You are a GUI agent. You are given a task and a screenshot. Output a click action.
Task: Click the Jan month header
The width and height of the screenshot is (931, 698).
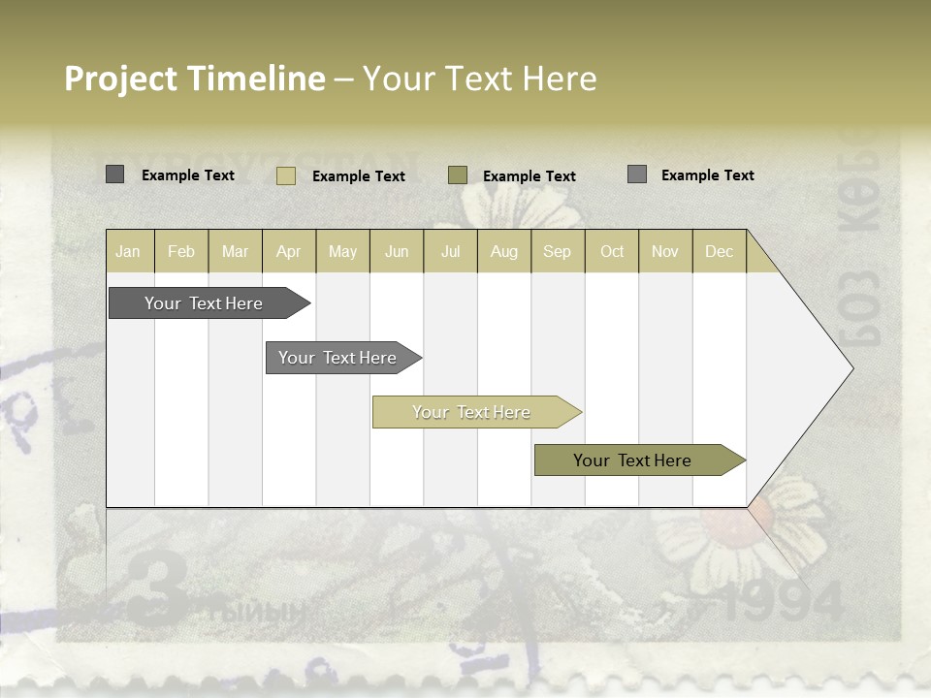tap(128, 251)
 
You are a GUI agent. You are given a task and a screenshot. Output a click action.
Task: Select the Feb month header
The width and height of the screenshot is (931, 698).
tap(181, 251)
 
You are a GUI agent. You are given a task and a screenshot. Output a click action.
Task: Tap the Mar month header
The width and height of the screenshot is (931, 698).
tap(235, 251)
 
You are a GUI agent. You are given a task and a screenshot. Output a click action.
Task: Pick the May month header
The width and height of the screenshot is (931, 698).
tap(342, 251)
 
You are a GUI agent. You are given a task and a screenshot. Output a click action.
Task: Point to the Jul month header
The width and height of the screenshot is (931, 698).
tap(450, 251)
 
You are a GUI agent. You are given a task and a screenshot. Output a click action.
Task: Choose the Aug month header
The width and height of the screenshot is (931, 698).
tap(504, 251)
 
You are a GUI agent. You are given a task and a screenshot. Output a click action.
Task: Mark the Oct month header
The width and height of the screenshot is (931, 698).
tap(612, 251)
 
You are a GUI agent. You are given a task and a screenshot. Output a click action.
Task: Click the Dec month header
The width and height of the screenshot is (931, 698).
tap(719, 251)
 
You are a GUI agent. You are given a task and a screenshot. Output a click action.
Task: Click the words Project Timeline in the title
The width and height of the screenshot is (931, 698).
tap(195, 79)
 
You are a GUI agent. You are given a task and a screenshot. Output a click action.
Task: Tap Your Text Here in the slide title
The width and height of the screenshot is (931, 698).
tap(479, 79)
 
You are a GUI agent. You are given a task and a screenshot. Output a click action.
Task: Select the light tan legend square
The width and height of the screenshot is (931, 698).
tap(286, 175)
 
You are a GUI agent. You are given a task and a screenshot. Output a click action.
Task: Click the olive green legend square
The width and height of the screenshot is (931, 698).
tap(458, 175)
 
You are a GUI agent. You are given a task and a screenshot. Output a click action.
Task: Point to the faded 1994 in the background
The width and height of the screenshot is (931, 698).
tap(782, 604)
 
